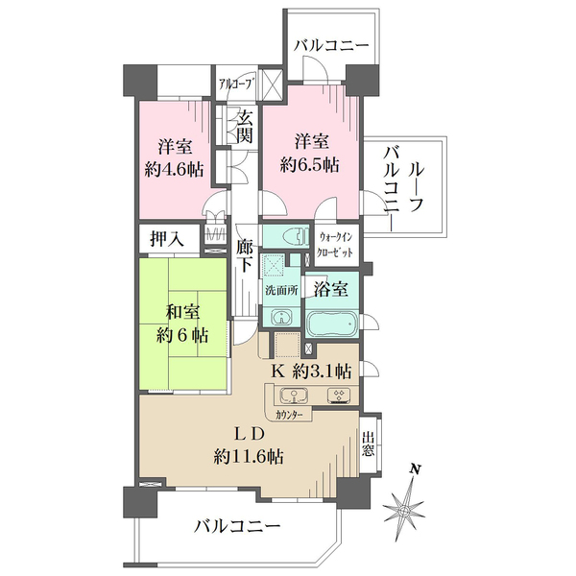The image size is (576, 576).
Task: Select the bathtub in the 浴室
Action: (x=332, y=324)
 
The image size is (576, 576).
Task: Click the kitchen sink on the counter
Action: (x=295, y=396)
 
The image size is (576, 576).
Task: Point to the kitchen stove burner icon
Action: (x=339, y=396)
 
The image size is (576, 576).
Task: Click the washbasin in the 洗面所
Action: (x=281, y=317)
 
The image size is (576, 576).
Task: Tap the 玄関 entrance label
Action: (x=244, y=127)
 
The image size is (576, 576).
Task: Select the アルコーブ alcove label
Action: (x=236, y=84)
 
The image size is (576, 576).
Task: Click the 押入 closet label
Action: (x=167, y=239)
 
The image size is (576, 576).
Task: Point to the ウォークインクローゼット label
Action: (x=335, y=244)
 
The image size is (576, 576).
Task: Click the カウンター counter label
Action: (x=289, y=415)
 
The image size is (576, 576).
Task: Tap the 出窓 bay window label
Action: (x=368, y=444)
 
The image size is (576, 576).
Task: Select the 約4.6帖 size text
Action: (x=174, y=170)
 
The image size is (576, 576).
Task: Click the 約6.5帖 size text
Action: (x=310, y=164)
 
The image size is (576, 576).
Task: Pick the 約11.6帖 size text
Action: (x=249, y=457)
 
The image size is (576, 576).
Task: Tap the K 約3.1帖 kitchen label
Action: (x=311, y=372)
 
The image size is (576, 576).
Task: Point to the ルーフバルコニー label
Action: (x=403, y=188)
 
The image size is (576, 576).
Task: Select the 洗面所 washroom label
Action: (x=281, y=291)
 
